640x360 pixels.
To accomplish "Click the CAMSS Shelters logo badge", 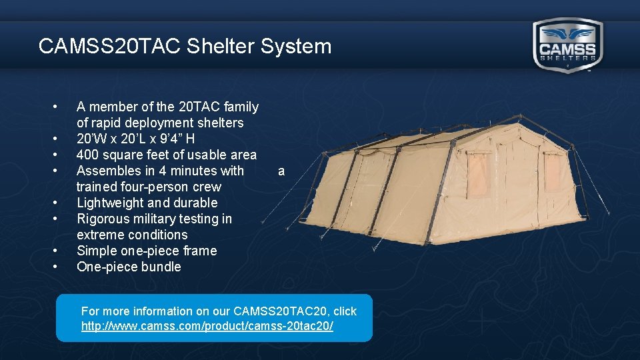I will tap(568, 45).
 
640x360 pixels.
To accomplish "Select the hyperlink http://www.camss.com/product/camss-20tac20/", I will tap(207, 327).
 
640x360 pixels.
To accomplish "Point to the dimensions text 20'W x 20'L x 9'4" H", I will tap(135, 139).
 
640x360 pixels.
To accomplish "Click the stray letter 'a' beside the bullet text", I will tap(281, 171).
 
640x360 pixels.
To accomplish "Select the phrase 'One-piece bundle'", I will tap(129, 267).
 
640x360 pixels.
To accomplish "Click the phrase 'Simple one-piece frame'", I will tap(147, 251).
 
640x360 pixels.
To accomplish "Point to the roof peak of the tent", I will tap(507, 121).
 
